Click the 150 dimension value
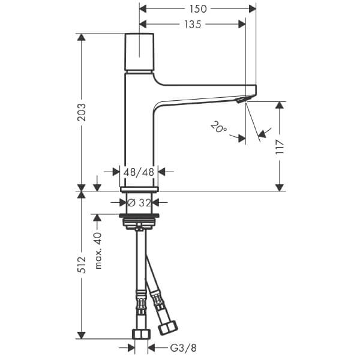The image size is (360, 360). click(198, 9)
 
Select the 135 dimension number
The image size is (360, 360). click(193, 25)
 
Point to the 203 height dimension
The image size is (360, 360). click(81, 112)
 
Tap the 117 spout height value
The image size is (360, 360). click(280, 146)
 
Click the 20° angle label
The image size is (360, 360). click(219, 127)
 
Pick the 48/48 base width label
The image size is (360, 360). click(139, 172)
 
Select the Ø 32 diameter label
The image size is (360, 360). click(139, 203)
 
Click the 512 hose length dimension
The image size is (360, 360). click(81, 265)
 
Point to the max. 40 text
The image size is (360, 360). click(98, 250)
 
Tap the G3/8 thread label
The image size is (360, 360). click(184, 348)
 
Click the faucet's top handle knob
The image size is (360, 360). click(139, 52)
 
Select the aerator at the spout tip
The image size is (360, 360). click(241, 100)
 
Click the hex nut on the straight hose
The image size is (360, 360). click(141, 334)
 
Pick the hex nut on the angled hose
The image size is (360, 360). click(169, 327)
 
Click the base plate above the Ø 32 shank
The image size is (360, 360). click(139, 189)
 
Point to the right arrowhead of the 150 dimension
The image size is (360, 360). click(253, 9)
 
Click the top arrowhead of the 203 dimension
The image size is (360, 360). click(81, 37)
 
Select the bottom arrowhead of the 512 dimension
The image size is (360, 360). click(81, 335)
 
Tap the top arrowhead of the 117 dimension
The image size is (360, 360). click(280, 105)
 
